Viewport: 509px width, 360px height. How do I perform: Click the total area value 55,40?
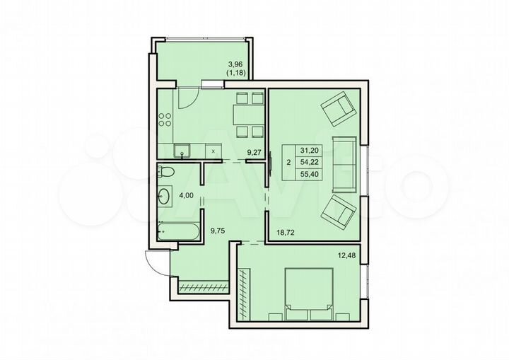tap(309, 173)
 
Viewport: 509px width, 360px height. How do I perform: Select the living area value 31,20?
tap(309, 151)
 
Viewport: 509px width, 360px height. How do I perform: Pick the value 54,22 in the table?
tap(309, 162)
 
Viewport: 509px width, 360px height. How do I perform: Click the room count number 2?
tap(288, 162)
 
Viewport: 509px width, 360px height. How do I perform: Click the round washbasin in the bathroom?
tap(165, 196)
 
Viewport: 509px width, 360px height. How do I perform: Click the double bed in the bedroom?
tap(308, 290)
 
